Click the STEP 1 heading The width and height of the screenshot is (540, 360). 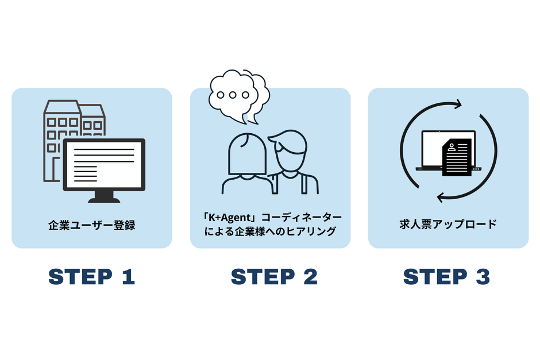pyautogui.click(x=91, y=277)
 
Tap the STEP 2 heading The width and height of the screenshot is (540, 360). pyautogui.click(x=273, y=277)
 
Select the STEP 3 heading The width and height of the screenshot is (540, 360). pyautogui.click(x=446, y=277)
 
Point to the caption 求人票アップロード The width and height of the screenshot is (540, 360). pyautogui.click(x=448, y=224)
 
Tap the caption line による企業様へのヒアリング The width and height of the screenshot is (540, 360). pyautogui.click(x=270, y=232)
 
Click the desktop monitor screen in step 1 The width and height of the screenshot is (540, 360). pyautogui.click(x=103, y=163)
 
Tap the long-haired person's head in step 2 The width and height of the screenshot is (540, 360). pyautogui.click(x=248, y=153)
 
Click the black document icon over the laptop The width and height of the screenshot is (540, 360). pyautogui.click(x=457, y=157)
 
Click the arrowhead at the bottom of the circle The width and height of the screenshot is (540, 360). pyautogui.click(x=440, y=197)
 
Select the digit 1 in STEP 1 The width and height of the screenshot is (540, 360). pyautogui.click(x=127, y=277)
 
